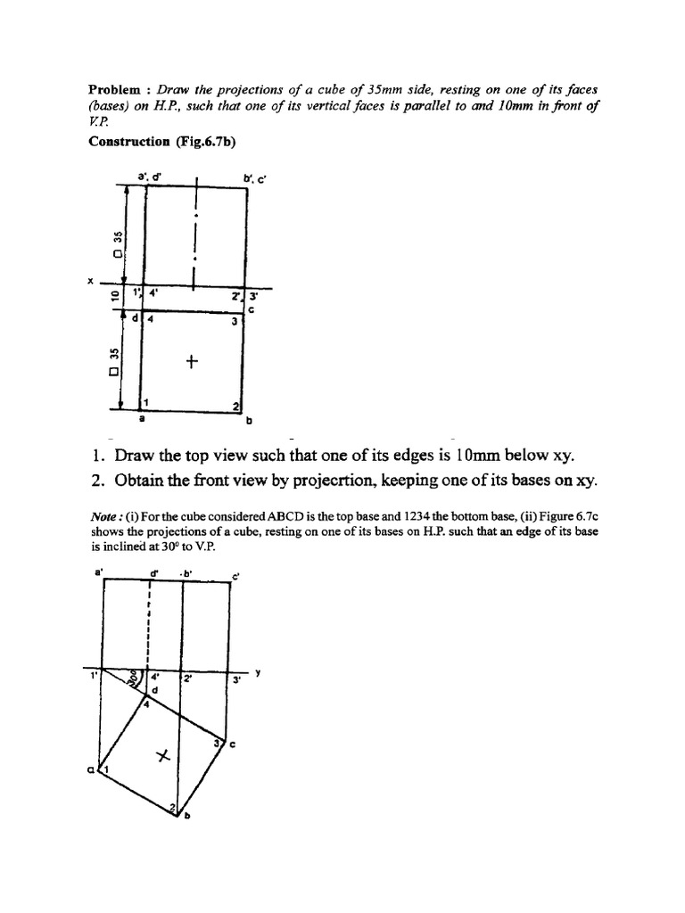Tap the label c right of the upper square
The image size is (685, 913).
pyautogui.click(x=252, y=309)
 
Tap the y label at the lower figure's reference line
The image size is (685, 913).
pyautogui.click(x=258, y=673)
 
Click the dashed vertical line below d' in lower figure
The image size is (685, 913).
pyautogui.click(x=149, y=624)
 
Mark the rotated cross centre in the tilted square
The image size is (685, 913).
pyautogui.click(x=162, y=756)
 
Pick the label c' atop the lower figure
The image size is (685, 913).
pyautogui.click(x=236, y=575)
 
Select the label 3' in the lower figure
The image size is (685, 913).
pyautogui.click(x=237, y=680)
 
